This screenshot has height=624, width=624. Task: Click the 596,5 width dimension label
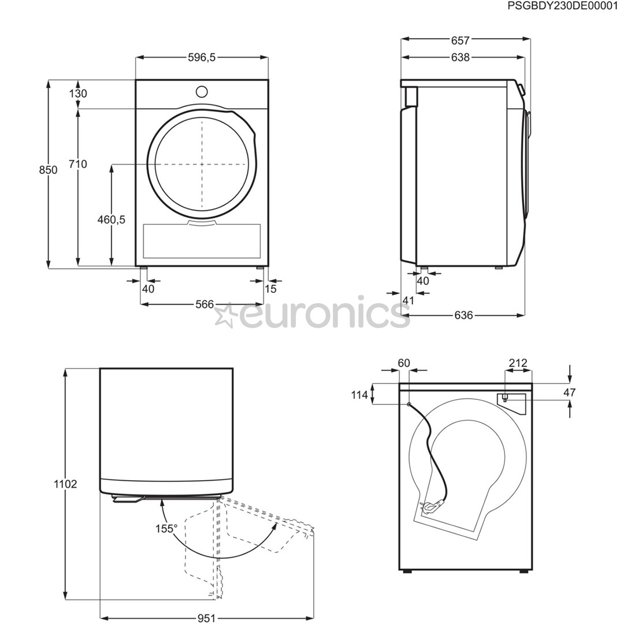click(x=202, y=57)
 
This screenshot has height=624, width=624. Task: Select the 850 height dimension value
click(x=48, y=169)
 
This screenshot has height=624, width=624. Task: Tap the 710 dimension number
click(x=77, y=164)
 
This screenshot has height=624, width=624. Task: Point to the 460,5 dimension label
click(x=112, y=220)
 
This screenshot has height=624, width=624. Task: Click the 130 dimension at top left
click(x=77, y=94)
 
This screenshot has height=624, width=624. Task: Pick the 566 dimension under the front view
click(x=204, y=304)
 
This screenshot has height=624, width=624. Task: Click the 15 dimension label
click(x=270, y=288)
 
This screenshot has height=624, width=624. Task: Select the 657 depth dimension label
click(x=460, y=40)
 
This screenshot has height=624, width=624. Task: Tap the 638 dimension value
click(x=460, y=57)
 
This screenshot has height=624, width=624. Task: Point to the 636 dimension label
click(x=463, y=315)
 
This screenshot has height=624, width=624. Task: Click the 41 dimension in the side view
click(x=408, y=300)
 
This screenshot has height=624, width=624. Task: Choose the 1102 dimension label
click(x=65, y=484)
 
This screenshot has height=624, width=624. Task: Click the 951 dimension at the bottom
click(x=206, y=618)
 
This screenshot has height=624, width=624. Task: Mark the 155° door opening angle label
click(x=166, y=528)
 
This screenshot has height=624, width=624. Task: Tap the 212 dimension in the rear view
click(x=518, y=363)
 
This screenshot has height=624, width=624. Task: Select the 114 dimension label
click(x=359, y=395)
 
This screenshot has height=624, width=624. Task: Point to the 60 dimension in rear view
click(x=403, y=363)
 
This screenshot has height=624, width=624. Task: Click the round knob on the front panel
click(x=202, y=91)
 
